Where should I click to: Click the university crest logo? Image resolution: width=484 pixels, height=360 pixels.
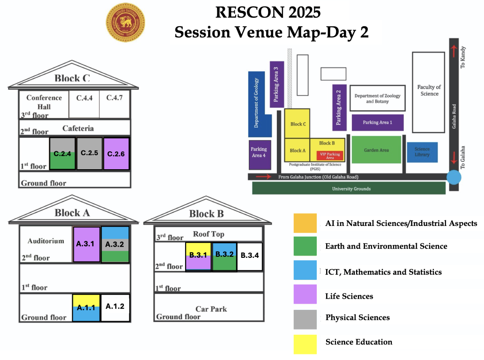pyautogui.click(x=125, y=22)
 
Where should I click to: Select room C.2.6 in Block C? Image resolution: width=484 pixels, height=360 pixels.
pyautogui.click(x=116, y=154)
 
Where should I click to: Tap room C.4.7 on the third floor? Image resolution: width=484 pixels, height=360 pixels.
pyautogui.click(x=114, y=104)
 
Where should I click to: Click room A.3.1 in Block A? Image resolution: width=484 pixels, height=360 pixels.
pyautogui.click(x=86, y=244)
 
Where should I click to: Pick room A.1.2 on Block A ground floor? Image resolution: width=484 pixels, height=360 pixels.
pyautogui.click(x=115, y=307)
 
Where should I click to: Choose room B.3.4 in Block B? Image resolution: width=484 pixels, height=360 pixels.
pyautogui.click(x=250, y=256)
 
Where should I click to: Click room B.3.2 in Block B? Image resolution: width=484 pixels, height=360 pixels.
pyautogui.click(x=224, y=256)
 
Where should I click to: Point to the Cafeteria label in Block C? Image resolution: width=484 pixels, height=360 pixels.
pyautogui.click(x=78, y=128)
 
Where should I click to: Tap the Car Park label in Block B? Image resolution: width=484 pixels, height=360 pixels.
pyautogui.click(x=211, y=309)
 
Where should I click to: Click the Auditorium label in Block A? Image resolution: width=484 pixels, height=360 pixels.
pyautogui.click(x=46, y=241)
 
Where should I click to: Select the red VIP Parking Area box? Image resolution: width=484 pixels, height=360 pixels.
pyautogui.click(x=330, y=156)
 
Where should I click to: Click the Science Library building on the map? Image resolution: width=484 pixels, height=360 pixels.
pyautogui.click(x=422, y=152)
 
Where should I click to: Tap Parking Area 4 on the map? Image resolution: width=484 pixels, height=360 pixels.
pyautogui.click(x=260, y=155)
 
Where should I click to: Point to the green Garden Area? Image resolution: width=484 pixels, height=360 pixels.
pyautogui.click(x=376, y=150)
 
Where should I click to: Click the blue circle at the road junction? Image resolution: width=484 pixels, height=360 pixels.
pyautogui.click(x=454, y=177)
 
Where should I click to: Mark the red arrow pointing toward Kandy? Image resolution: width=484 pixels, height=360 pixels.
pyautogui.click(x=454, y=51)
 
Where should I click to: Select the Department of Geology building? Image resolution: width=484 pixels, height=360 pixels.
pyautogui.click(x=260, y=104)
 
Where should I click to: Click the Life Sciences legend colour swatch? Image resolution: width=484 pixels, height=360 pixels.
pyautogui.click(x=305, y=294)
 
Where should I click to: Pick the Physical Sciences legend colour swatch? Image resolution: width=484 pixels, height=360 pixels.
pyautogui.click(x=305, y=319)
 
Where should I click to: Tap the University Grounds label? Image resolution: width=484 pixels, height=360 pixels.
pyautogui.click(x=351, y=188)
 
